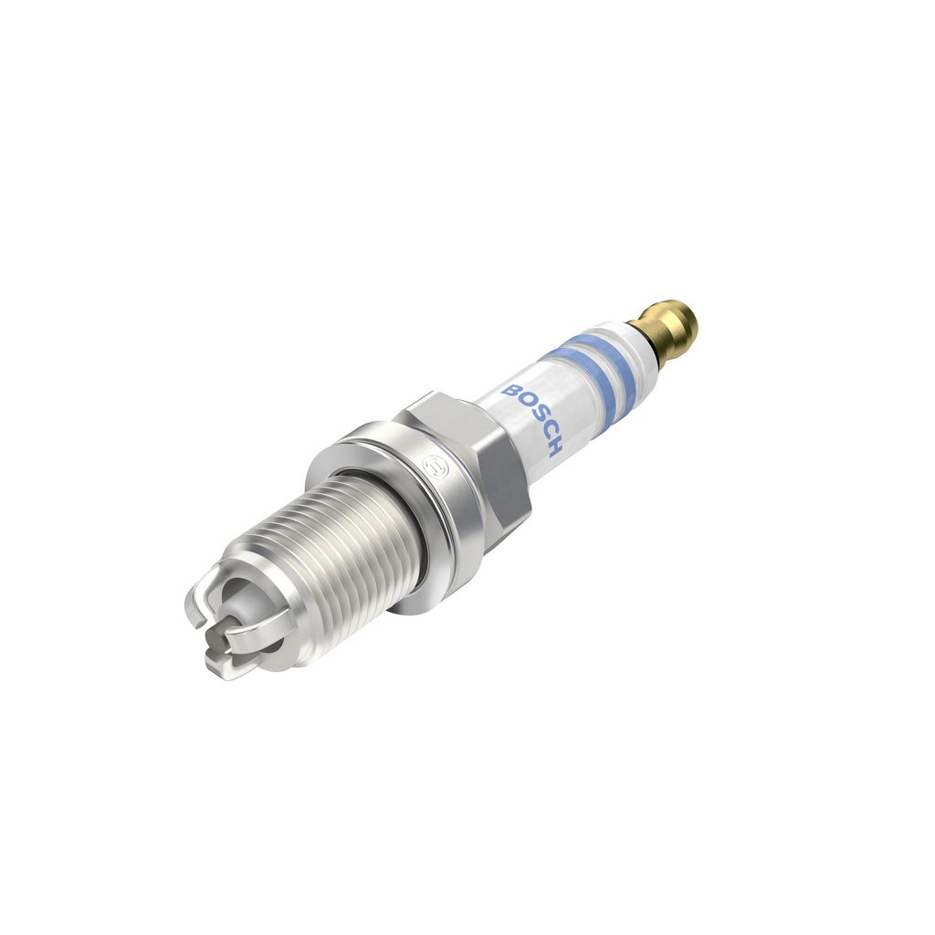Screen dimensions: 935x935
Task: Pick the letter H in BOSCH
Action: coord(553,446)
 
